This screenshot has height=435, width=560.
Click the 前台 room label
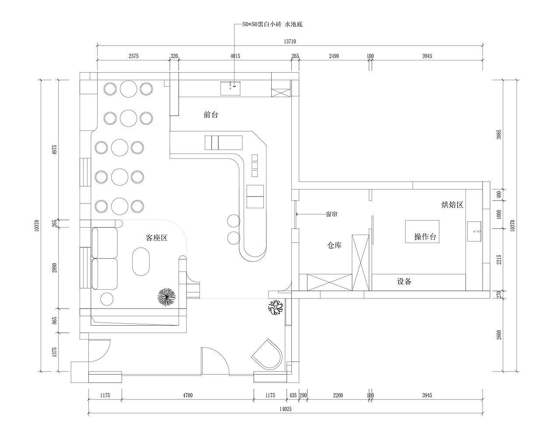click(211, 115)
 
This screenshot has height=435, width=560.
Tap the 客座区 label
click(157, 238)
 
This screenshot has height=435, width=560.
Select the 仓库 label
click(334, 245)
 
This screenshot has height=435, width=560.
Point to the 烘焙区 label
click(452, 205)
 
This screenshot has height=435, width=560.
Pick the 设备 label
click(404, 281)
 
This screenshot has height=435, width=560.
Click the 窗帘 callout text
click(332, 214)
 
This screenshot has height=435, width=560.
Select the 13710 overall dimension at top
click(290, 42)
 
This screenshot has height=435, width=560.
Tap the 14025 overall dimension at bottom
click(286, 409)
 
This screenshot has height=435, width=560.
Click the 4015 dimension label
click(235, 56)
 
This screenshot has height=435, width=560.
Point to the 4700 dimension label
click(188, 395)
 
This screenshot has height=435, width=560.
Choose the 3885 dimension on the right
click(499, 134)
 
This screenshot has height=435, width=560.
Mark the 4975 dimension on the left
click(54, 150)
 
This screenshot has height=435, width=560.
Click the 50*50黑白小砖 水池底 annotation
click(273, 25)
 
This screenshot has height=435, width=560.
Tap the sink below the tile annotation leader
click(231, 88)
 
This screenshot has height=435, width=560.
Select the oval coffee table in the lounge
click(141, 262)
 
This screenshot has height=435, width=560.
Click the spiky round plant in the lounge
click(167, 297)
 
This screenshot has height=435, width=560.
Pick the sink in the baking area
click(474, 232)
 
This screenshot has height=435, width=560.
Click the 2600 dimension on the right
click(499, 335)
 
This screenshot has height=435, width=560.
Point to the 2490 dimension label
click(334, 56)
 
